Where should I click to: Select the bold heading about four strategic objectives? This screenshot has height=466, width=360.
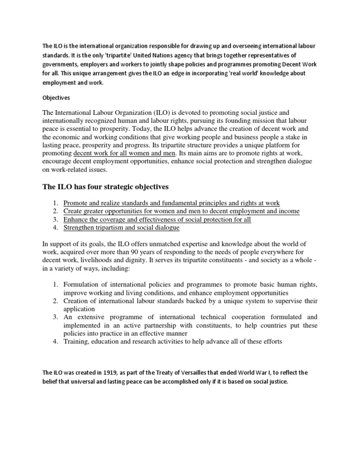click(x=105, y=187)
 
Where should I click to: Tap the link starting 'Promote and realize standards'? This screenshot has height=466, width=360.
click(x=172, y=203)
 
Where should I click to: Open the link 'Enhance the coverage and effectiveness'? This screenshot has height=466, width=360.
click(x=157, y=220)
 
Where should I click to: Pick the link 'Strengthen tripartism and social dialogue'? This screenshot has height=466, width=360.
click(x=121, y=228)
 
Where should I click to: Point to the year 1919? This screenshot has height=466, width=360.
click(x=108, y=373)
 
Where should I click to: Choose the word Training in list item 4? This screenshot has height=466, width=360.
click(x=77, y=342)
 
